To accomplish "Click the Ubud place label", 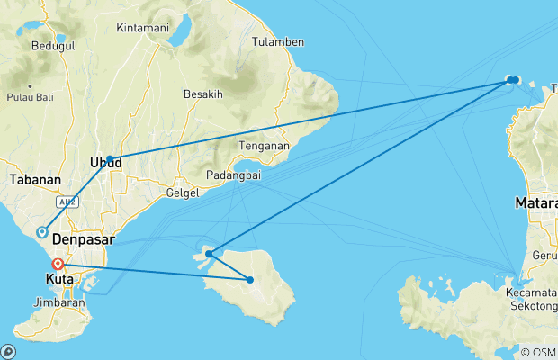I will coord(104,163).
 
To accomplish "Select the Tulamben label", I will coord(277,42).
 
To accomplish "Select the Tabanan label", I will coord(35,180).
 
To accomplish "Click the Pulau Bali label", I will coord(31,97).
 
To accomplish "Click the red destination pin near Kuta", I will coord(58,265).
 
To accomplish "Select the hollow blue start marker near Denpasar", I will coord(41,232).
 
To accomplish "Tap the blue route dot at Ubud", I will coord(110,159).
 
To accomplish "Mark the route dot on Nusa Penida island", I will coord(250,280).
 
